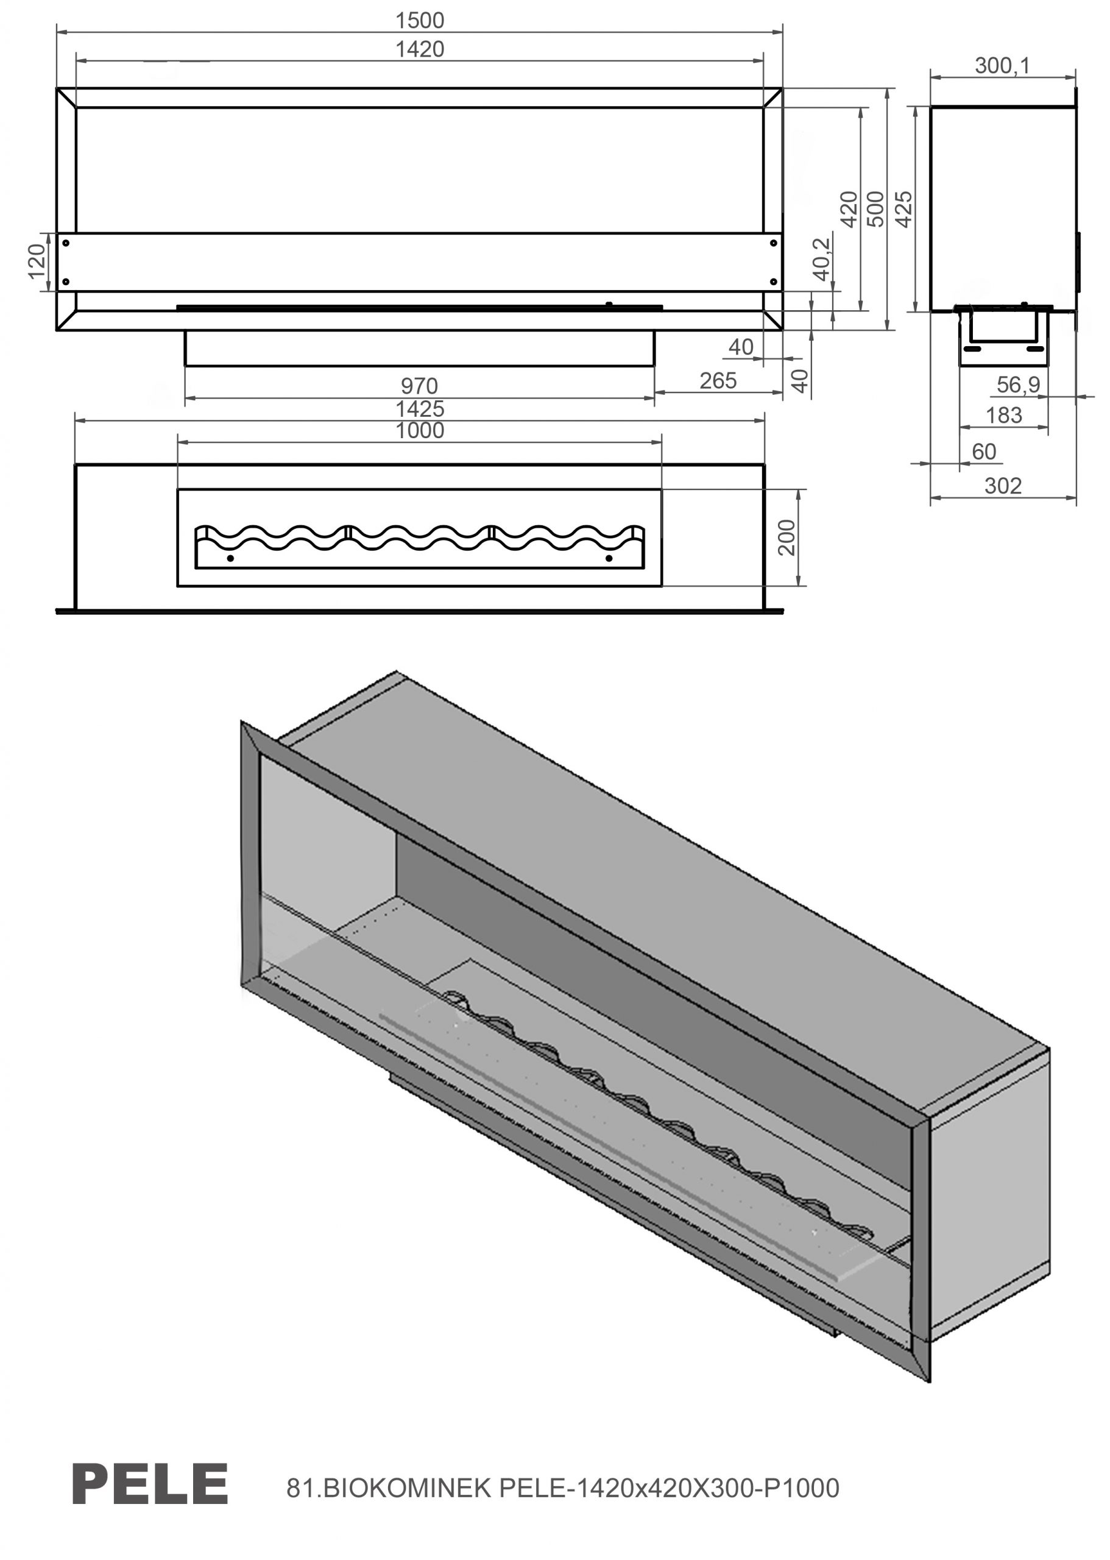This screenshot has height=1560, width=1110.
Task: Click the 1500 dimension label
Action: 420,21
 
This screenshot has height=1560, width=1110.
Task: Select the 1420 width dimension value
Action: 420,49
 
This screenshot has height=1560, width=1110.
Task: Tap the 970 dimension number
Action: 419,386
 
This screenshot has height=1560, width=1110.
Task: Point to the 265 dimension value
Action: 718,381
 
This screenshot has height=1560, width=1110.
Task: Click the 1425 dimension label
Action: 420,409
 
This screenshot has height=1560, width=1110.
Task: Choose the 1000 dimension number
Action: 420,431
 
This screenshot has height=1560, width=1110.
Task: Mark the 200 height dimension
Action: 787,537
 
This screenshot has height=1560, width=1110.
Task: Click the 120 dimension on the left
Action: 37,261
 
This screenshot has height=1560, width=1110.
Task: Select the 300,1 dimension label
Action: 1002,66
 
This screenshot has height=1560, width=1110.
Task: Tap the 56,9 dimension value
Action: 1018,385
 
